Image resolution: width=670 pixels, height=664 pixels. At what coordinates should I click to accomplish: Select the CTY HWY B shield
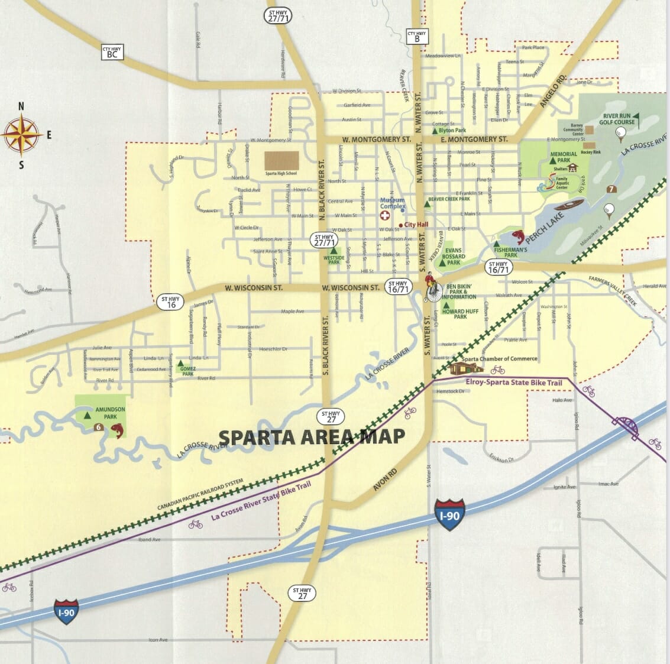click(416, 37)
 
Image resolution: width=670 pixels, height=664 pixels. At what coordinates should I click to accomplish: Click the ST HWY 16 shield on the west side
click(171, 302)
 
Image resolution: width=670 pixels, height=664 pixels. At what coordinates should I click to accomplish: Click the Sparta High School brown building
click(281, 160)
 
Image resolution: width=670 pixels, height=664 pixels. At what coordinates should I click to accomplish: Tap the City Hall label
click(416, 225)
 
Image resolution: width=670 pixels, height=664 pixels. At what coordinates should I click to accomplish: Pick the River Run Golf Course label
click(616, 119)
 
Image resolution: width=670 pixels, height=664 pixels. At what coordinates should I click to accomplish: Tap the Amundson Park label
click(110, 413)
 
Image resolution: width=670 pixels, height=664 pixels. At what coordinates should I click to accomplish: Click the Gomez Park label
click(188, 371)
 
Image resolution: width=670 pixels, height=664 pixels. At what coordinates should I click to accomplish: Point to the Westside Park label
click(334, 259)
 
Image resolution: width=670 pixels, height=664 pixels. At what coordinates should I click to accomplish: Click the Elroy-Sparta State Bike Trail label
click(513, 383)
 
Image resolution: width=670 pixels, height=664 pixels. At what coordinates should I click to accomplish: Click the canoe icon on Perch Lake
click(569, 206)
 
